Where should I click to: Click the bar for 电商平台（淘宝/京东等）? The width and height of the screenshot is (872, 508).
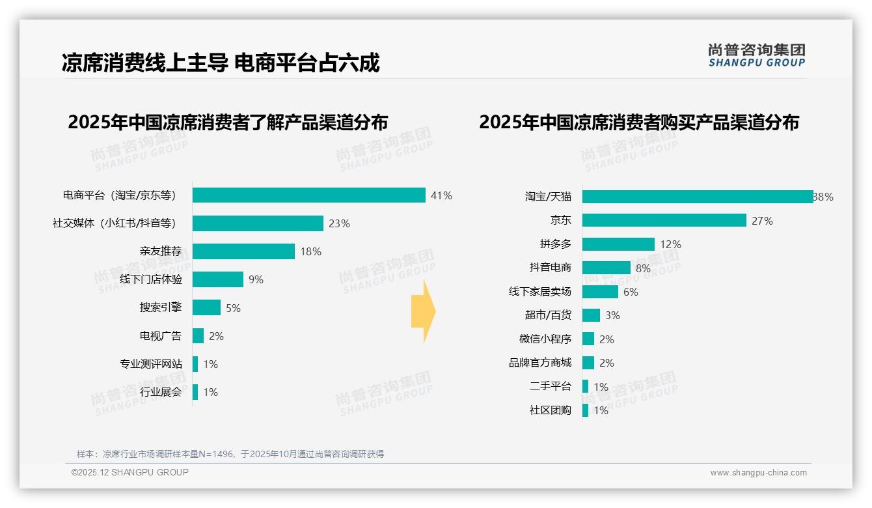(x=309, y=195)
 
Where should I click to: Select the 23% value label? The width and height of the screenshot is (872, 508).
(x=339, y=223)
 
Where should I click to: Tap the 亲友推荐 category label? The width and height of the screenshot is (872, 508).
(x=161, y=251)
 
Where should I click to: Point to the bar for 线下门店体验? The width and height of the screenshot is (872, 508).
(x=218, y=279)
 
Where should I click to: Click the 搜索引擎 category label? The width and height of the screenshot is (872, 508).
(x=161, y=307)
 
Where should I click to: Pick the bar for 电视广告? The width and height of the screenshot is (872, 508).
(x=198, y=336)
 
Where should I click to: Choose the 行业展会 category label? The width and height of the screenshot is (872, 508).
(x=161, y=392)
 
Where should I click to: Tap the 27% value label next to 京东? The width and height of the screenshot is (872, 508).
(x=762, y=221)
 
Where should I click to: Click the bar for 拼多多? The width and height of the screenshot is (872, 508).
(x=618, y=244)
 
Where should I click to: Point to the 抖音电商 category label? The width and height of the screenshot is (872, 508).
(x=551, y=268)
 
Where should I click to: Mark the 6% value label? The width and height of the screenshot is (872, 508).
(x=631, y=292)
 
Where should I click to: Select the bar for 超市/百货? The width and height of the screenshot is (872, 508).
(x=591, y=315)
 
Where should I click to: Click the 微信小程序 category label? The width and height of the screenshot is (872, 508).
(x=545, y=339)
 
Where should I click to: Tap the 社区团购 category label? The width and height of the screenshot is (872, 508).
(x=551, y=410)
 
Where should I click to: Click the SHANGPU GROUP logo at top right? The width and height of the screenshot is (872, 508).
(x=756, y=55)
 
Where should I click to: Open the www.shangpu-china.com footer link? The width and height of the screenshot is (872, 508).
(x=758, y=473)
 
